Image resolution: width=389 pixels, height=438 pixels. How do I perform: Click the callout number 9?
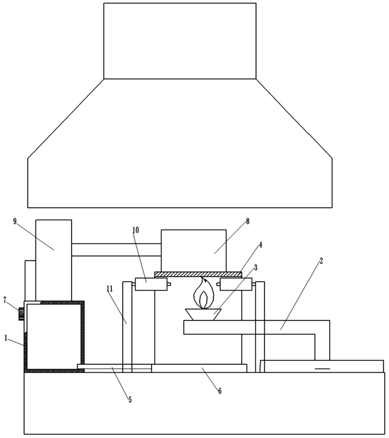click(15, 222)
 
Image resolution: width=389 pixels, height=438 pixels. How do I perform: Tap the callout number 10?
click(136, 230)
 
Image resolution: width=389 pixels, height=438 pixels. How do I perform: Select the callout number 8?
click(248, 221)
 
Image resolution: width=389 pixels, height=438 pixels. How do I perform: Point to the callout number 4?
click(260, 245)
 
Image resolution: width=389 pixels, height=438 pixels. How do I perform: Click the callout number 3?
click(256, 268)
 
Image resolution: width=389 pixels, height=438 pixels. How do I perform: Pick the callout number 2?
click(321, 261)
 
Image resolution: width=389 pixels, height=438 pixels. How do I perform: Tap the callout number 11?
click(110, 289)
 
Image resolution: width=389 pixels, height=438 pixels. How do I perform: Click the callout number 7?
click(5, 300)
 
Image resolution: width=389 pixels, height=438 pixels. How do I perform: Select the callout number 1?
click(6, 338)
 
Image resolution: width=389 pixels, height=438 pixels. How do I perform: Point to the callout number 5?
click(130, 400)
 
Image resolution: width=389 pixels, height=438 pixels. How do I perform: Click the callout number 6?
click(220, 391)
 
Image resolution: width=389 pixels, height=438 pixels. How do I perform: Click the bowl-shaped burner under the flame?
click(203, 314)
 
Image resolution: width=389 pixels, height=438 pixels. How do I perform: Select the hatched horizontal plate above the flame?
click(198, 274)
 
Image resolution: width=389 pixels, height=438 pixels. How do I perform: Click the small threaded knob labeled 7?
click(21, 314)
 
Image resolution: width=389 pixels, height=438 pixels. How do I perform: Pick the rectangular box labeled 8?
click(193, 250)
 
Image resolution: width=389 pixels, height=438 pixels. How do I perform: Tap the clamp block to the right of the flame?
click(236, 284)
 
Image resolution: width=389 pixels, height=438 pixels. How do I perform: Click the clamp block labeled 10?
click(151, 284)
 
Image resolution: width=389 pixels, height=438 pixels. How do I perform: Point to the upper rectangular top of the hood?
click(180, 41)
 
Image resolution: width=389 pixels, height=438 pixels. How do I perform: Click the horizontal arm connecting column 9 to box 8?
click(116, 250)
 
